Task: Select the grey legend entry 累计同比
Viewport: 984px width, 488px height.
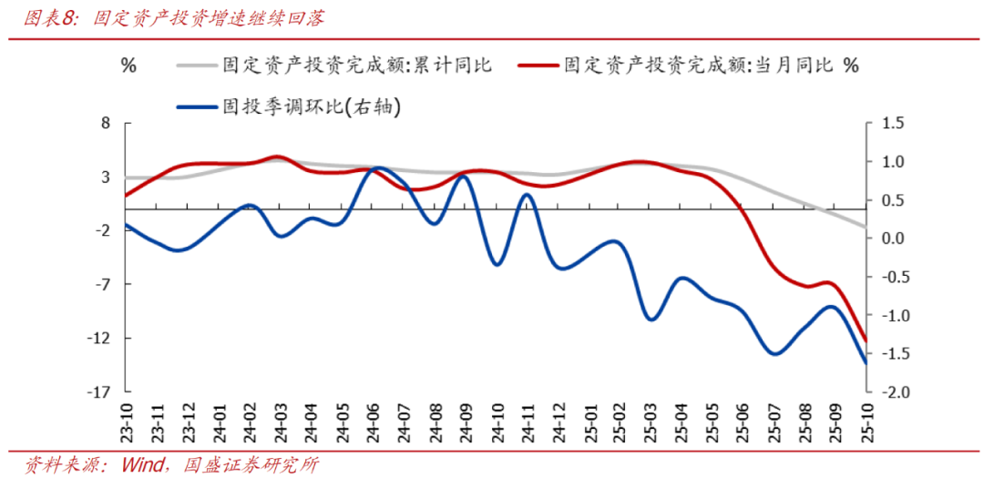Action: coord(356,66)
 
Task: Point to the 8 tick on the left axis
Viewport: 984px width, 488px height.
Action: coord(105,123)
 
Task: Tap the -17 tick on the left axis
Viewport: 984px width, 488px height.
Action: coord(98,392)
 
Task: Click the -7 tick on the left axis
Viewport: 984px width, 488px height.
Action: coord(102,285)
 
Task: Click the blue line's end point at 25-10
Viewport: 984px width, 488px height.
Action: coord(866,362)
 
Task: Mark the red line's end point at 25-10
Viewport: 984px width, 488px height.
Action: coord(866,341)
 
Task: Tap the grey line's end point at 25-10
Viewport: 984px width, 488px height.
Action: coord(866,227)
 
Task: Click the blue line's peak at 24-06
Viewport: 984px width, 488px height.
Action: coord(375,168)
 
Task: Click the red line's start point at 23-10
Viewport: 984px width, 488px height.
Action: coord(126,195)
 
